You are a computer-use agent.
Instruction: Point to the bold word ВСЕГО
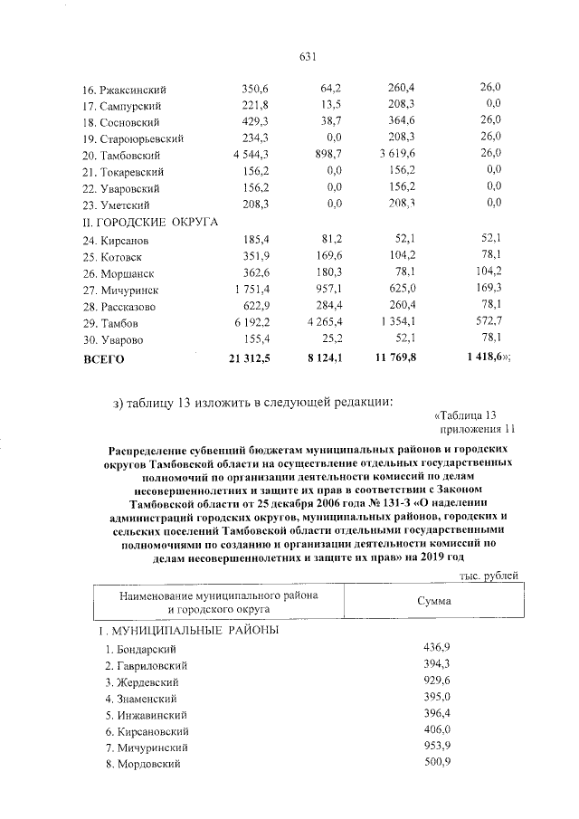pyautogui.click(x=102, y=358)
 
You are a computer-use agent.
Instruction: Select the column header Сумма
pyautogui.click(x=434, y=600)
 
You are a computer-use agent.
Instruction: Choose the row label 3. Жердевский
pyautogui.click(x=140, y=681)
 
